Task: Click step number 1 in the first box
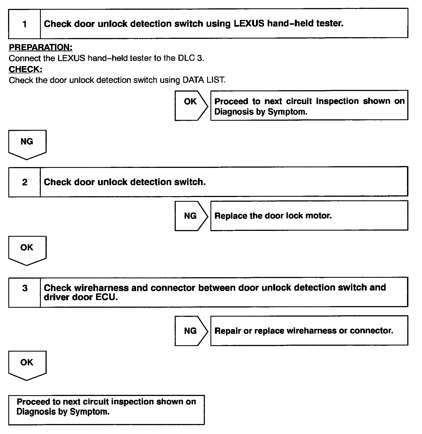pos(25,24)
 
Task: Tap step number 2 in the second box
pos(25,182)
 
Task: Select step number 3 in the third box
pos(25,288)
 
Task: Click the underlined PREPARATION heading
pos(41,47)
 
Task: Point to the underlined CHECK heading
pos(26,69)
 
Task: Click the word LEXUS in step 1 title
pos(249,24)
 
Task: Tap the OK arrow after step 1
pos(191,105)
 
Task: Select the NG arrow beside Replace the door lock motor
pos(191,216)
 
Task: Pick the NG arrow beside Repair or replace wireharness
pos(191,331)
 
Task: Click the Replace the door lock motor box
pos(309,216)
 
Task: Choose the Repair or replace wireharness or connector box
pos(309,331)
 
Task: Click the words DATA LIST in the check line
pos(203,80)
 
